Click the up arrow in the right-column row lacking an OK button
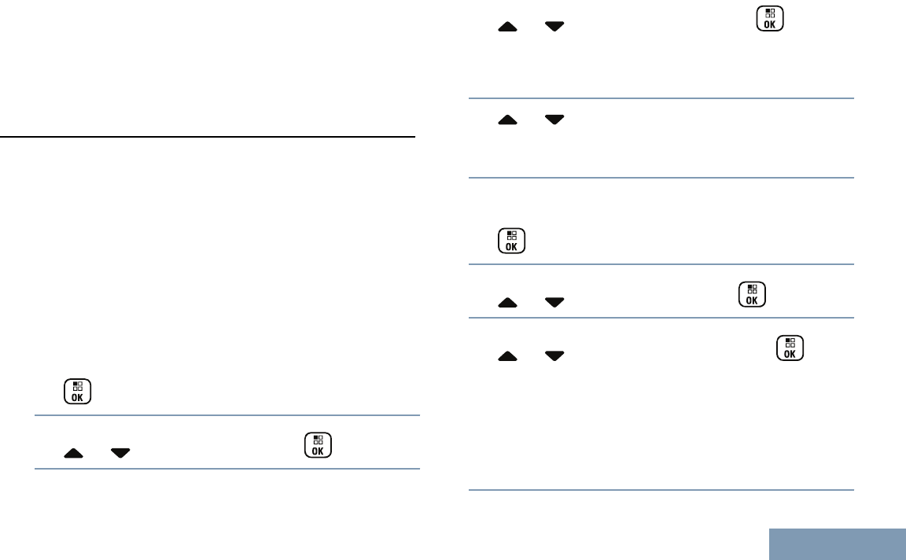pos(509,120)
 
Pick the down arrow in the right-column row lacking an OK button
pos(555,120)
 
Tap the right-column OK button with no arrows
pos(511,241)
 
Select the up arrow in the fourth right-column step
pos(509,303)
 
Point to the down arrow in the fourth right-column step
pos(555,303)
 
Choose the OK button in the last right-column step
pos(790,348)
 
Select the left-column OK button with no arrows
pos(77,392)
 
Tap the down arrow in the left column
pos(120,453)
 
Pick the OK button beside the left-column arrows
pos(317,444)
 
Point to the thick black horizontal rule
pos(208,137)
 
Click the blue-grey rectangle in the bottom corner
pos(837,544)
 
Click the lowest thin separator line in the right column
pos(661,491)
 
